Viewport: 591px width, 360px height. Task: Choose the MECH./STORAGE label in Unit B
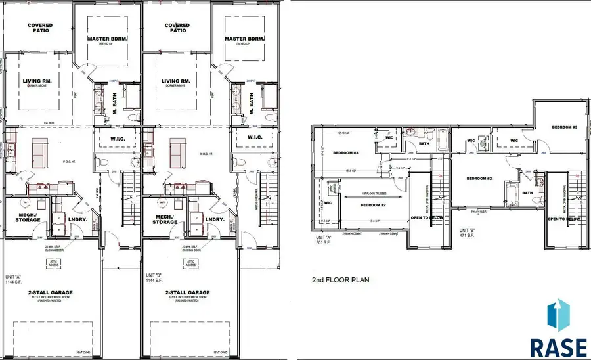(164, 219)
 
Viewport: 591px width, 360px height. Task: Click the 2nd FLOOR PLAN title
(340, 279)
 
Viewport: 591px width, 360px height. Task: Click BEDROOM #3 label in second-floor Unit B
(564, 127)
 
